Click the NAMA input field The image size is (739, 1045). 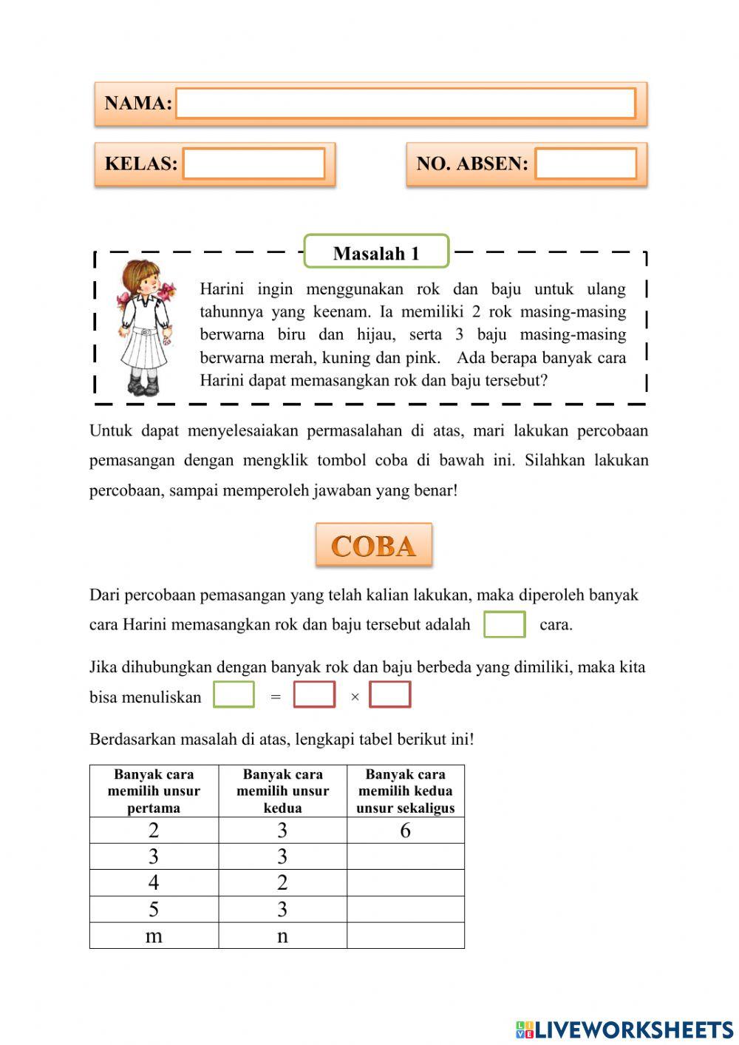(x=405, y=104)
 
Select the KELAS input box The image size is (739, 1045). (x=253, y=164)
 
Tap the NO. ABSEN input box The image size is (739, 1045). (x=585, y=164)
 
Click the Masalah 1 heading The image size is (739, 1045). (x=376, y=253)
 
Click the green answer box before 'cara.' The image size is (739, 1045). (x=505, y=624)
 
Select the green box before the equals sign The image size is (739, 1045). (x=234, y=695)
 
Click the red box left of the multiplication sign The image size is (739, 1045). (x=314, y=695)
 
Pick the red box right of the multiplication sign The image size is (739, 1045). (x=390, y=695)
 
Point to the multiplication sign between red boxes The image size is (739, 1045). (x=355, y=697)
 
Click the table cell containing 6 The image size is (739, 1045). (x=405, y=831)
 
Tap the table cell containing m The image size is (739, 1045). (x=154, y=936)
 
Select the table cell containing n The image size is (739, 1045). (x=282, y=936)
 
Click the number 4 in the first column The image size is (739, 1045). (x=154, y=882)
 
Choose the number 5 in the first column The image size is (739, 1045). (x=154, y=909)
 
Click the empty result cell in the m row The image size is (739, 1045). (x=405, y=936)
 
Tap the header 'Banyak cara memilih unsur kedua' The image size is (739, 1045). (x=282, y=791)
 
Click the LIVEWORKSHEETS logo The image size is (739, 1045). (x=624, y=1029)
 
